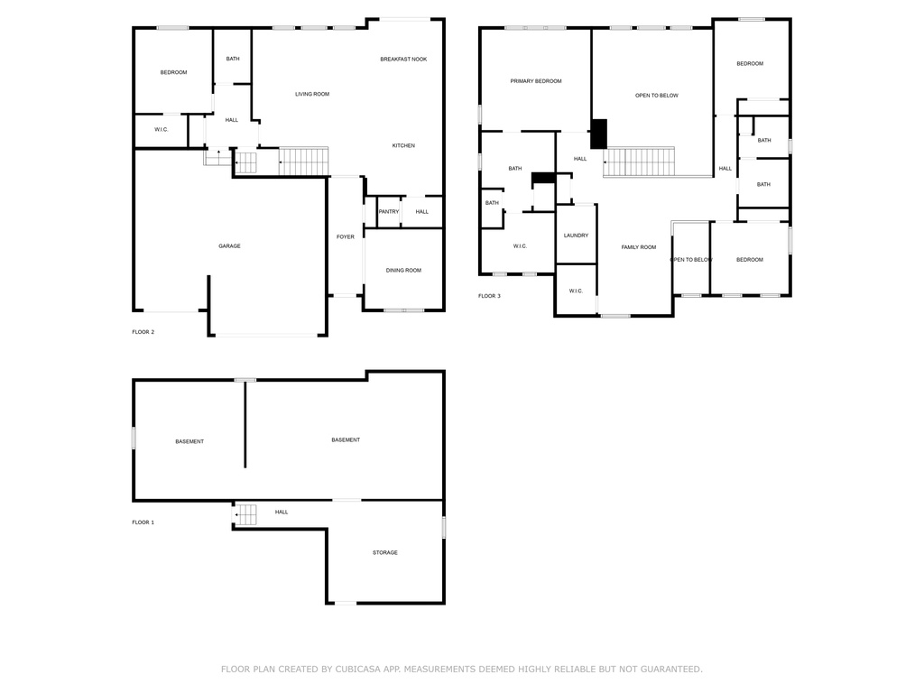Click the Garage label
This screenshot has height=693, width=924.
pos(229,246)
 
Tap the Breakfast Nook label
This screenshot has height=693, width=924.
pos(403,60)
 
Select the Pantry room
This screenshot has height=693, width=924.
pos(389,212)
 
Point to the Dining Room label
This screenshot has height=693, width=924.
pos(403,271)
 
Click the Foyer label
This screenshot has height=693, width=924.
pos(346,237)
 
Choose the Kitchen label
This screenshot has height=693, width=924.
pos(403,145)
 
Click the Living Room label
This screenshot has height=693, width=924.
pos(312,94)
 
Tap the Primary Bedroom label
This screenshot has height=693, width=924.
pos(536,81)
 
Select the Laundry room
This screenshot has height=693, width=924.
pos(577,235)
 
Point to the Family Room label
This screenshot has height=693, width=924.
pos(639,247)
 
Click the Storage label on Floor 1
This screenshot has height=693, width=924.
pos(384,553)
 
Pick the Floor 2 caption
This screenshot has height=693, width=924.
pos(143,332)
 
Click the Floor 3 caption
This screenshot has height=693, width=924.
pos(489,296)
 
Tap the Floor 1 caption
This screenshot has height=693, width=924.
pos(143,522)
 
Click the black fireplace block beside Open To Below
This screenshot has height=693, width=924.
pos(599,134)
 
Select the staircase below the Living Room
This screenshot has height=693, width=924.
pos(303,162)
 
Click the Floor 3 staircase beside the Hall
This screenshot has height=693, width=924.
pos(639,162)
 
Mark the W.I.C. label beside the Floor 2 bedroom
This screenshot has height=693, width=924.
pos(161,130)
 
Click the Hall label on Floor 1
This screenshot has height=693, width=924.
pos(282,513)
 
